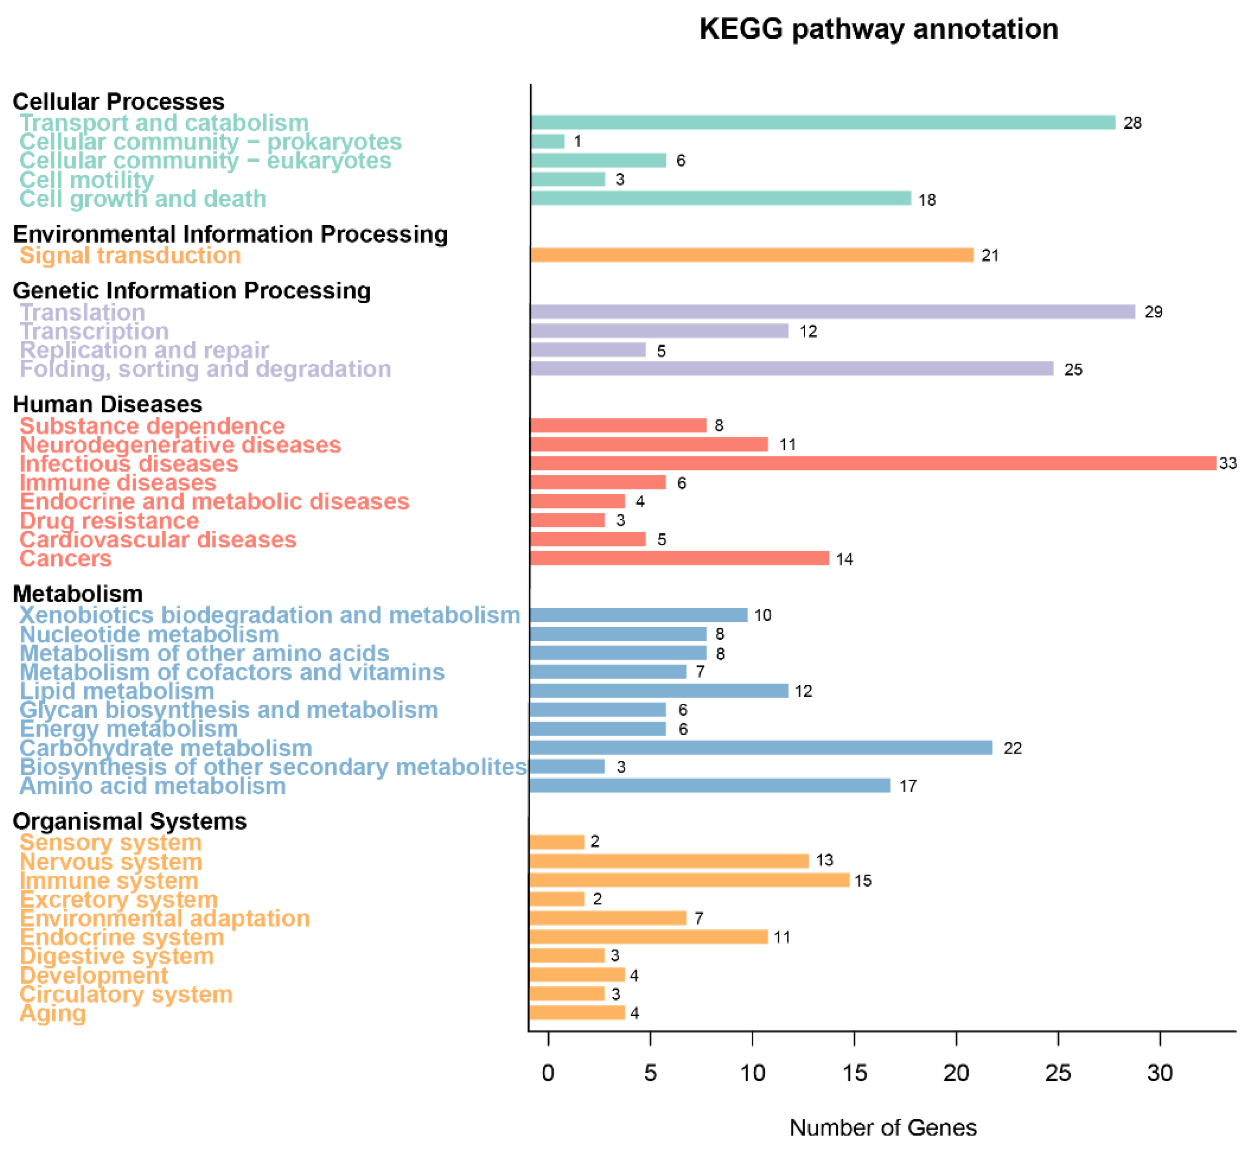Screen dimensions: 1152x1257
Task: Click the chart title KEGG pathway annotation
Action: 878,29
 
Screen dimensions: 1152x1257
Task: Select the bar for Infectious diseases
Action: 873,463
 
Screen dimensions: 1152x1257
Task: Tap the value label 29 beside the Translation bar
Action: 1153,311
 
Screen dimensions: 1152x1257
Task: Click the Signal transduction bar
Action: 751,255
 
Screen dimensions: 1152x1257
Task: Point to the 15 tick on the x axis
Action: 854,1073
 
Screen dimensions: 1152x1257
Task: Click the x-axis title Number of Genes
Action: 883,1127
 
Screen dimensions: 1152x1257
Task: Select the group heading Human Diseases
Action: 107,404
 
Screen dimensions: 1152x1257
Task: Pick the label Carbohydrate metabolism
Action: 166,747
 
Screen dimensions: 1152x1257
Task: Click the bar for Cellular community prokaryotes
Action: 548,141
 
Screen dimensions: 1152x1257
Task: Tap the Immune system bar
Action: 689,880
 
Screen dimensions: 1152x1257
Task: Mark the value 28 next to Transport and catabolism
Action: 1132,123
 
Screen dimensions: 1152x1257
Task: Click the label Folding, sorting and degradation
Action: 205,368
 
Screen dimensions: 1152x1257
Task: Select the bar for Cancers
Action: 679,558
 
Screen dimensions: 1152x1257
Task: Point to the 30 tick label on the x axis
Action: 1160,1073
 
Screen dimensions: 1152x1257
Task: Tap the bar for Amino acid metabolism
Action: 709,785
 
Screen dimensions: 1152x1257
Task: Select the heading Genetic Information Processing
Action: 192,291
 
